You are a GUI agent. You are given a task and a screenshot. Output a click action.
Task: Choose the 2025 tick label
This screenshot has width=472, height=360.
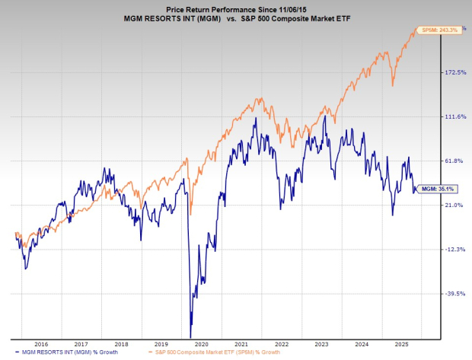(401, 343)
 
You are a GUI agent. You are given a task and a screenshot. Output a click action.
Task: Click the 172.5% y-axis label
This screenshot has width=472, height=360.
(454, 72)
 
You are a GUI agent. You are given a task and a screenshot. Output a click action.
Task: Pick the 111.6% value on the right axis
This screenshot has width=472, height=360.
(454, 116)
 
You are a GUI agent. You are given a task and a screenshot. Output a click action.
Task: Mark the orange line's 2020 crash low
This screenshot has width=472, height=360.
(190, 215)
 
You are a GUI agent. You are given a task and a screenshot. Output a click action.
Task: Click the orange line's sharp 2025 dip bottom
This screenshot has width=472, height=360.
(392, 86)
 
